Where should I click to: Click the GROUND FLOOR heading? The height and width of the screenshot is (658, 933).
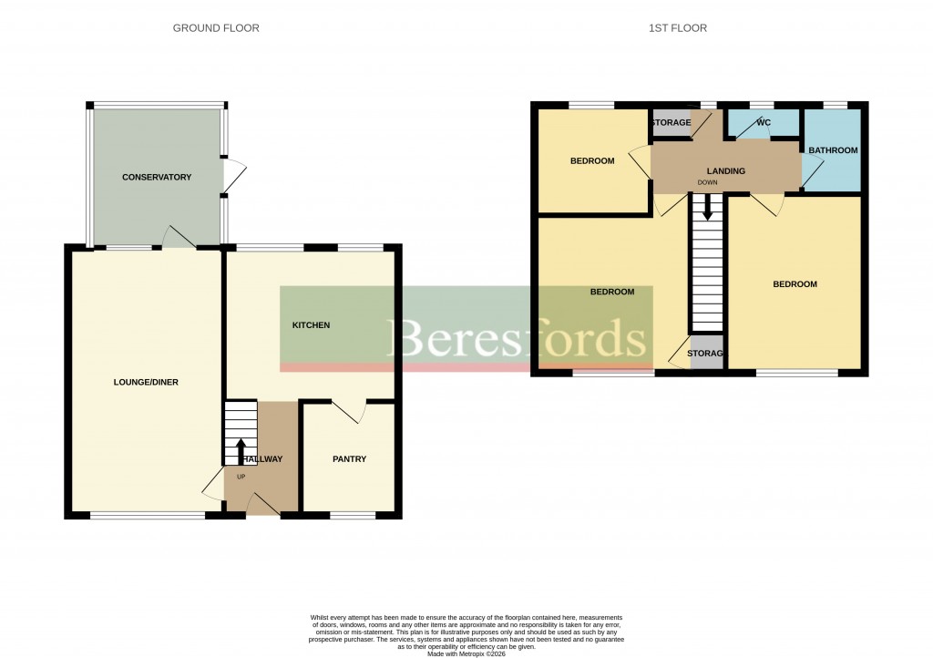(216, 28)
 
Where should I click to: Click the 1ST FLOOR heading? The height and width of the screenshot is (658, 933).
(677, 28)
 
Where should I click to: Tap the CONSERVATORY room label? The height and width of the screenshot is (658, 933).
(157, 177)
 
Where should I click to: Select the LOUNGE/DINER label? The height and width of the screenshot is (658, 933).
(145, 382)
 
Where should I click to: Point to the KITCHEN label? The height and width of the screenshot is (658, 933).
(311, 325)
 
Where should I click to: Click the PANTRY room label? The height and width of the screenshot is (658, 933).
(349, 459)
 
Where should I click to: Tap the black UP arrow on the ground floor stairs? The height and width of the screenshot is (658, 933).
(241, 450)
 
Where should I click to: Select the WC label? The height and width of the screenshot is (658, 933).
(764, 123)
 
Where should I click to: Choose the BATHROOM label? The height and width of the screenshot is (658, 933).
(834, 150)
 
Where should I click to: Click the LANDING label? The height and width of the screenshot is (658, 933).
(726, 171)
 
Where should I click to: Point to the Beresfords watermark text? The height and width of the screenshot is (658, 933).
(519, 339)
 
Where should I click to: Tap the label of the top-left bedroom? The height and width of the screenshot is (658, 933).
(592, 161)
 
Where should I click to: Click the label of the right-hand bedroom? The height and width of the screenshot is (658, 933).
(795, 284)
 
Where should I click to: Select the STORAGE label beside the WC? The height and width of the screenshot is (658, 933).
(671, 123)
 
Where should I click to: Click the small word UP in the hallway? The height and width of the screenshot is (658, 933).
(241, 477)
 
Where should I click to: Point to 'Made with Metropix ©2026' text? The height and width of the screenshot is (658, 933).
(466, 653)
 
